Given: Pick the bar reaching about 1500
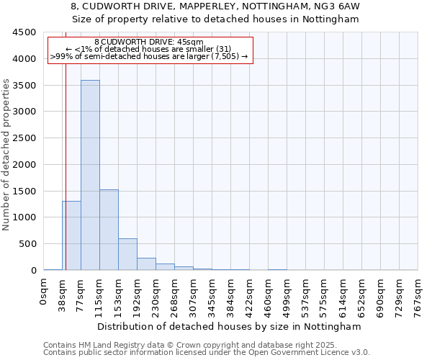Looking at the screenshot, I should pos(109,230).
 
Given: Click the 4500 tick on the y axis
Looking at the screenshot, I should pos(24,32).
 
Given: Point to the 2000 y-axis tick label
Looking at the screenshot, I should pos(24,165).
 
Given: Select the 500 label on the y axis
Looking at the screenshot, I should pos(27,244).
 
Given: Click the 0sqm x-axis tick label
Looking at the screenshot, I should pos(44,294).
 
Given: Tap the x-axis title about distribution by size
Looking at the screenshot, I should pos(230,326).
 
